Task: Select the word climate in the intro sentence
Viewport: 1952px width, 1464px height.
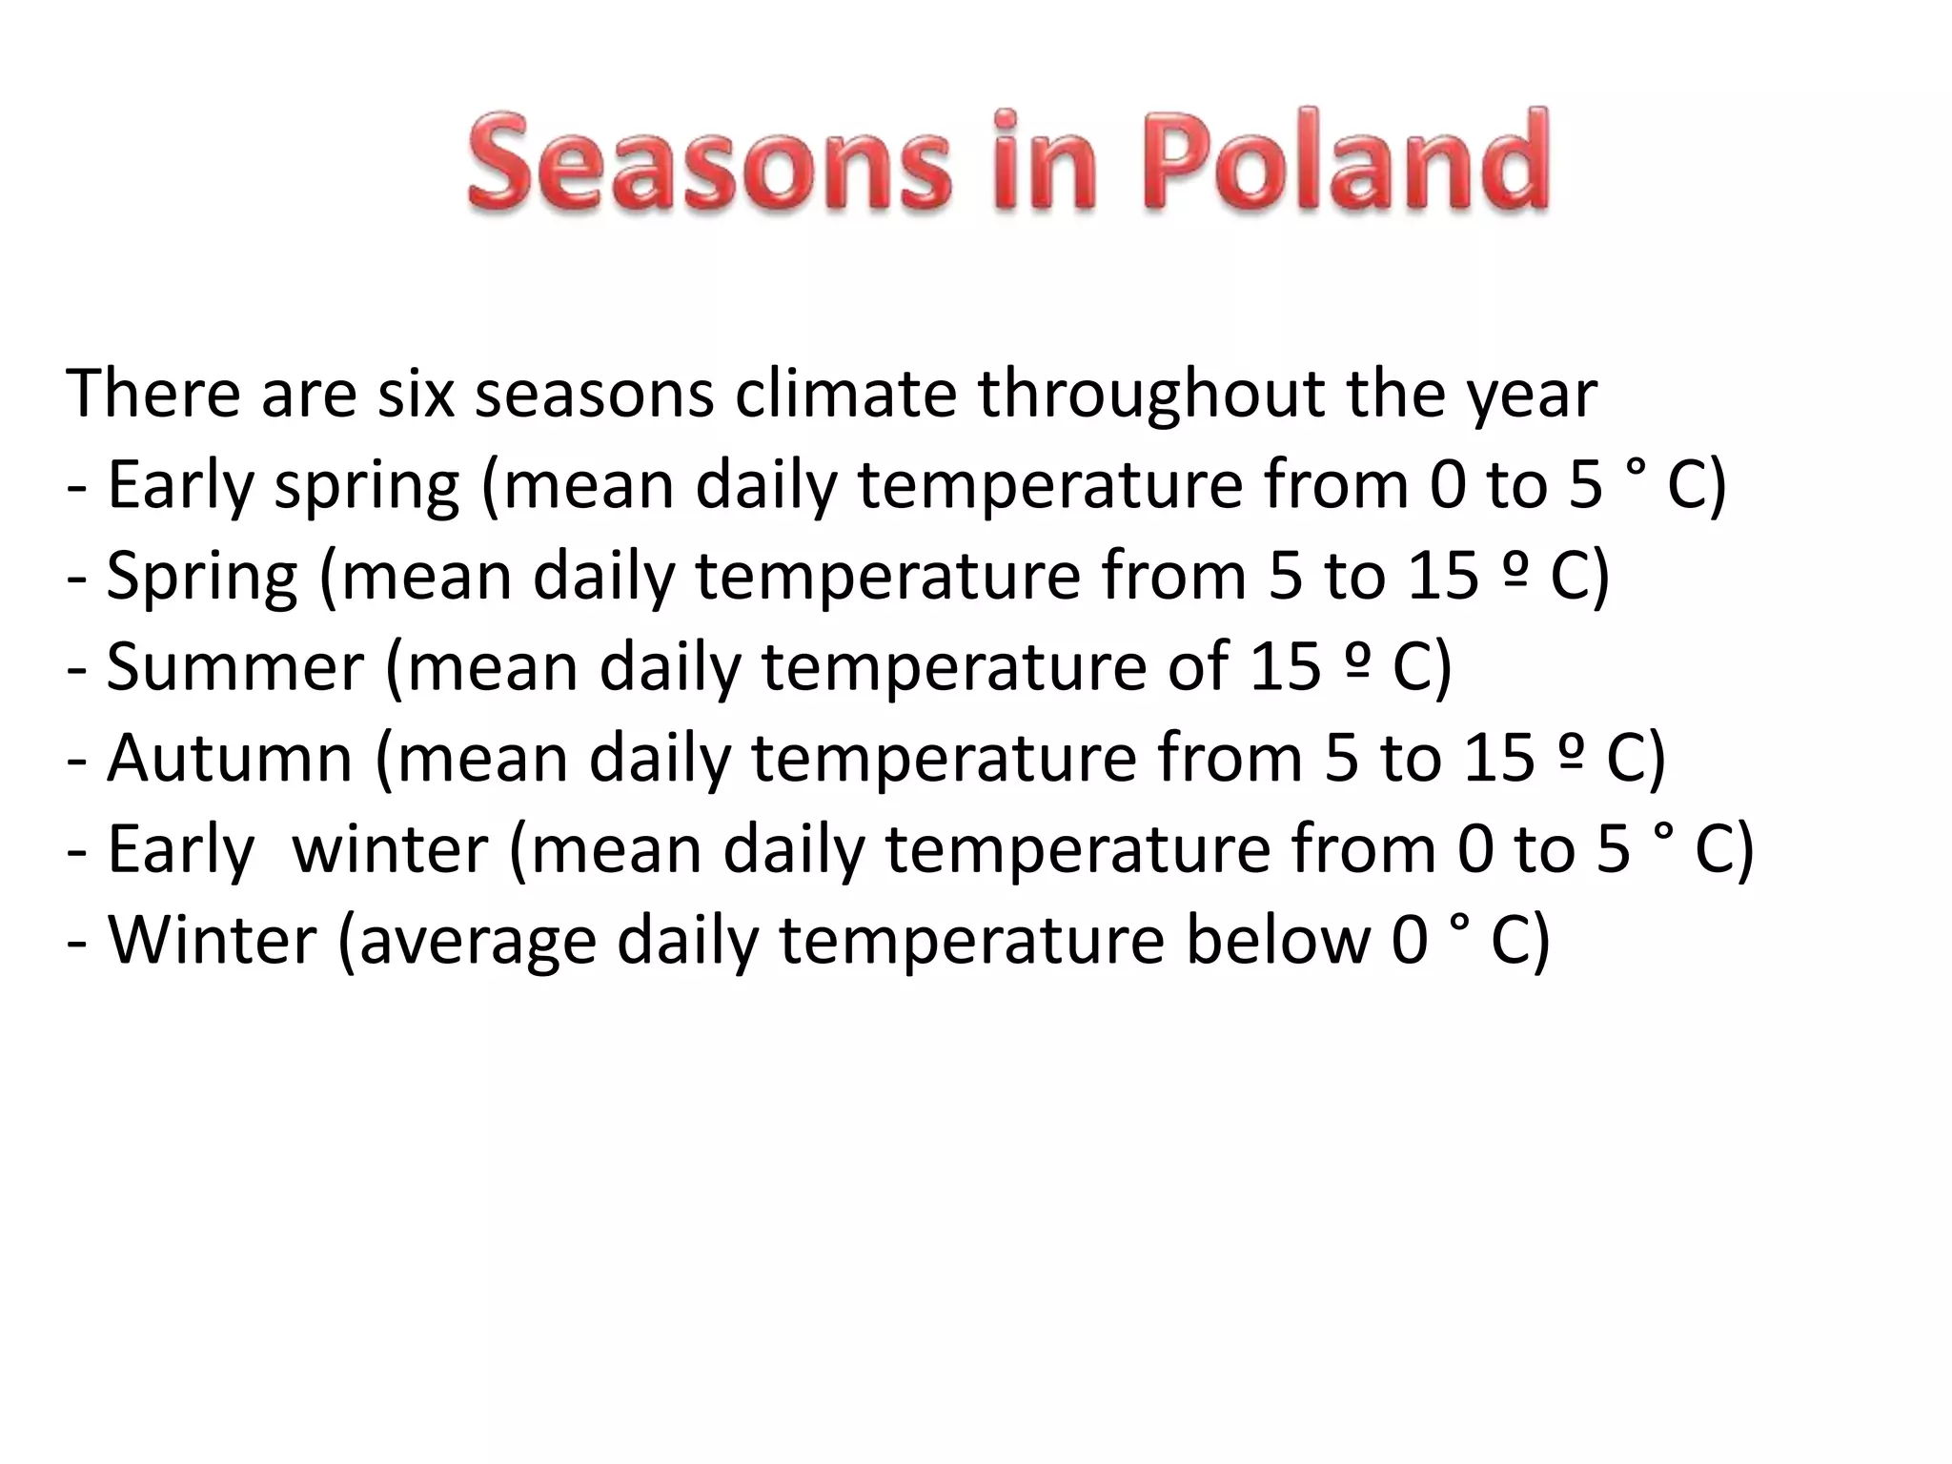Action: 845,394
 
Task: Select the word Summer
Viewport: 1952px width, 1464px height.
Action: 235,667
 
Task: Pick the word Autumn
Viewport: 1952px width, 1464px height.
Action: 230,759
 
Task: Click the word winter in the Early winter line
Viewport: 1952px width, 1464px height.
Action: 390,849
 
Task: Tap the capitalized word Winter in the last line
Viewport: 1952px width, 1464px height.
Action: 212,941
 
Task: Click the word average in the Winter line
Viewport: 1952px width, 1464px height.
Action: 477,941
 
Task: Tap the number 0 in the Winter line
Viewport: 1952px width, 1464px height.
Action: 1410,941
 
